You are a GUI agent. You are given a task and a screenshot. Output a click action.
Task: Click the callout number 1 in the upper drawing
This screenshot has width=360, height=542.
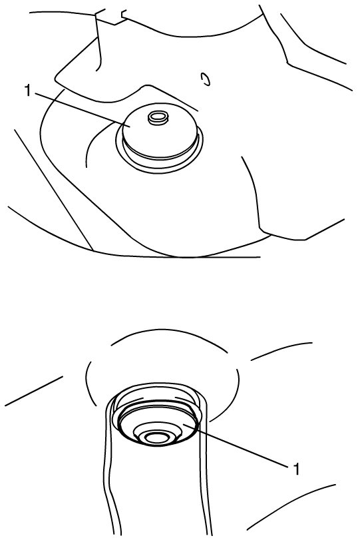(28, 91)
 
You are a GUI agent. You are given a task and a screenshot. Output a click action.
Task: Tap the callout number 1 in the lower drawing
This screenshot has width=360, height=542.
(296, 469)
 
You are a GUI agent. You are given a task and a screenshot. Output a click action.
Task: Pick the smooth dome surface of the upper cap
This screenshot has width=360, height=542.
(159, 133)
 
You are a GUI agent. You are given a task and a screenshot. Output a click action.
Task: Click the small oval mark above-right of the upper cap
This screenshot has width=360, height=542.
(205, 79)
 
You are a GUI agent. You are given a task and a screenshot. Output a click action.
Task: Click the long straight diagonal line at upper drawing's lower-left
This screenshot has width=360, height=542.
(53, 190)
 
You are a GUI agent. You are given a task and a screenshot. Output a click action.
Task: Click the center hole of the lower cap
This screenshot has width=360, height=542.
(157, 437)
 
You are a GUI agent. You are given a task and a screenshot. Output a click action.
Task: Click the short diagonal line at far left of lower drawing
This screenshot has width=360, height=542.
(34, 391)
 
